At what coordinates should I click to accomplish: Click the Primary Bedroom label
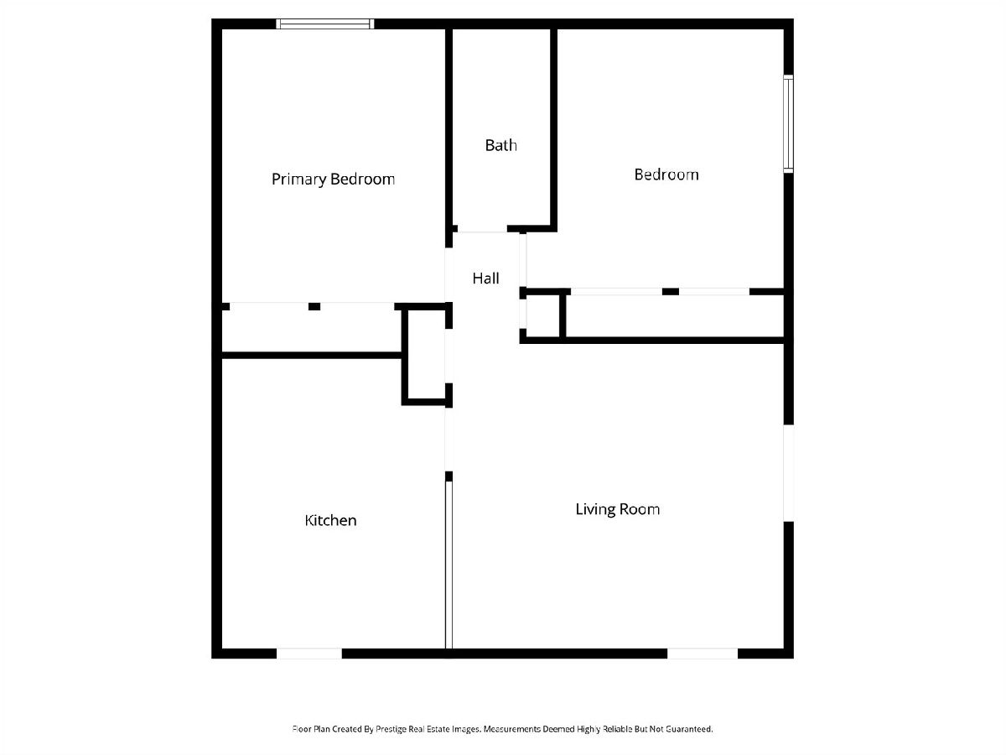click(x=333, y=179)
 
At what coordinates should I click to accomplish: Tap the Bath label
click(x=501, y=145)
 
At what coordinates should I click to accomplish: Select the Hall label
click(x=485, y=278)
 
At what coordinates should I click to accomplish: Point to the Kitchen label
click(x=330, y=520)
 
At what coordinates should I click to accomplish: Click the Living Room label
click(x=617, y=509)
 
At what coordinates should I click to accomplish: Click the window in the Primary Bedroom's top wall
click(x=325, y=23)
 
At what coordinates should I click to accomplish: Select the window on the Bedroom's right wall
click(x=788, y=124)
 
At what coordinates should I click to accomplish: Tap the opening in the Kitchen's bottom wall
click(x=309, y=653)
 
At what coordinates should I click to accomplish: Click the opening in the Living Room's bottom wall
click(x=703, y=653)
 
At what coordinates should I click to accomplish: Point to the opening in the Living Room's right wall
click(x=788, y=473)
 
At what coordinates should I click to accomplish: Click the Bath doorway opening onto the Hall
click(x=482, y=229)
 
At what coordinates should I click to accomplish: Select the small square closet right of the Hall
click(x=542, y=316)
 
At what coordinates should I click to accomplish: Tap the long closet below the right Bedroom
click(x=675, y=316)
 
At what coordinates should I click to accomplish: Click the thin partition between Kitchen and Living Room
click(x=449, y=565)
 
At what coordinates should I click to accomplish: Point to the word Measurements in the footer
click(x=512, y=729)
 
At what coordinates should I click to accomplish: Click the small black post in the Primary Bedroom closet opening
click(x=314, y=307)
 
